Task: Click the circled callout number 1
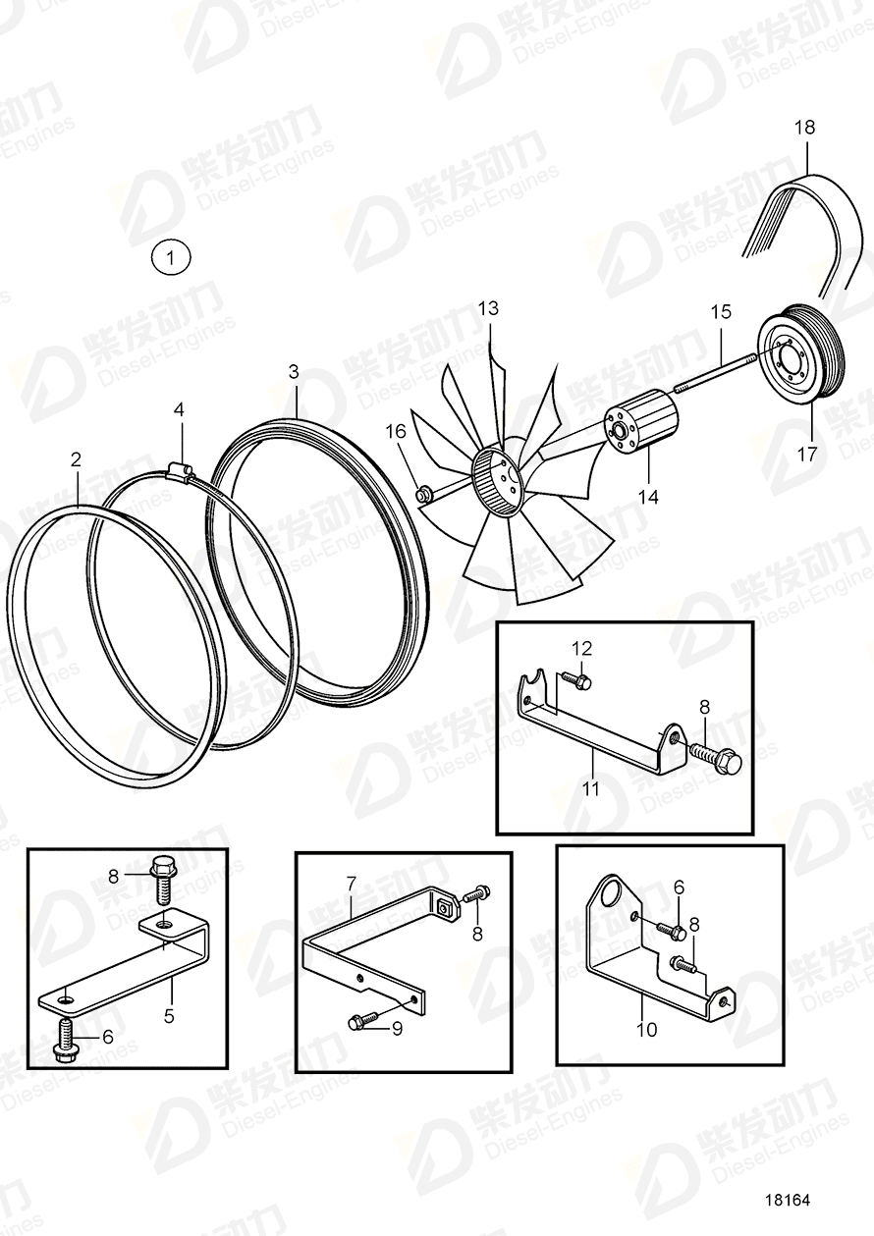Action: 171,259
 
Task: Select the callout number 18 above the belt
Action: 804,128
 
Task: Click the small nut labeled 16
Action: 424,493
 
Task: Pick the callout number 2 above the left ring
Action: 77,458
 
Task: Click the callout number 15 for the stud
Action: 720,312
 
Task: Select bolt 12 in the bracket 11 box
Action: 577,678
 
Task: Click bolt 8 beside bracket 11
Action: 721,759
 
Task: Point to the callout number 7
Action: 351,886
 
